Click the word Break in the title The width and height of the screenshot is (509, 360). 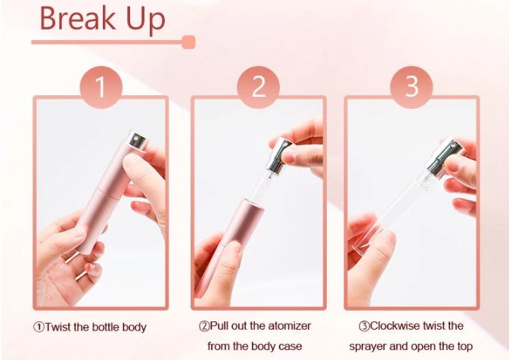click(x=77, y=18)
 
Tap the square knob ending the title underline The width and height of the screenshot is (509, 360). click(x=188, y=42)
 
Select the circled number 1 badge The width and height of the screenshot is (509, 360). click(x=101, y=87)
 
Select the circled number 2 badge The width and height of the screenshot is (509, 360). click(x=258, y=87)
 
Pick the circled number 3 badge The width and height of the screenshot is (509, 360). click(x=411, y=87)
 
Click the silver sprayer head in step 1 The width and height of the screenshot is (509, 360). click(x=138, y=140)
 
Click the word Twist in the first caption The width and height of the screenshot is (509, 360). click(x=58, y=327)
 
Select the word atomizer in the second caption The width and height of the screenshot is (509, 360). click(x=290, y=326)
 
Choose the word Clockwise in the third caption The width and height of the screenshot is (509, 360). click(x=391, y=326)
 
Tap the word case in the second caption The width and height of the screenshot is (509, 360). click(x=290, y=346)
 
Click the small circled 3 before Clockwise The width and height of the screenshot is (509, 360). click(x=364, y=326)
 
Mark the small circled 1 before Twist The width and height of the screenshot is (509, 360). click(x=39, y=327)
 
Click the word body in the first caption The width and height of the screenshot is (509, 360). click(x=135, y=327)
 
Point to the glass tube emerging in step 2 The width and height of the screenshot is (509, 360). click(x=258, y=187)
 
